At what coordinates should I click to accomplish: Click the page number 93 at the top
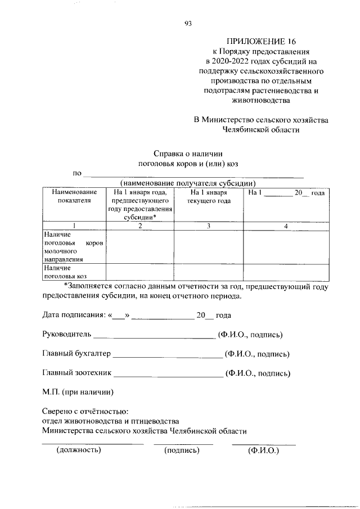(188, 24)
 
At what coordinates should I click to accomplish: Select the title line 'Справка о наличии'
(189, 153)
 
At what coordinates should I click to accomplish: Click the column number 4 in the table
(285, 226)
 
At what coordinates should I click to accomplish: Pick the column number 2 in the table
(140, 226)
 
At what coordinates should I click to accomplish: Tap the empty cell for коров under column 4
(285, 247)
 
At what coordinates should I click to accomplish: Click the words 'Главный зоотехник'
(78, 373)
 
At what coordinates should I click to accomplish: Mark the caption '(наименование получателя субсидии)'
(188, 183)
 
